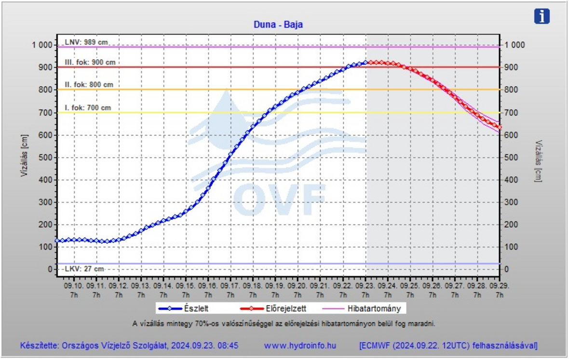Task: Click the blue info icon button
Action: (x=542, y=16)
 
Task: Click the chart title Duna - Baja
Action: (x=278, y=25)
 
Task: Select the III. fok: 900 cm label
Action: (x=90, y=63)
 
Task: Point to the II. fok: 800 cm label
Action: (x=89, y=85)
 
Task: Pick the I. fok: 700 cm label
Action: (x=88, y=107)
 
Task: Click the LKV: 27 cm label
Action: (x=84, y=269)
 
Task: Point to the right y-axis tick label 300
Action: (x=512, y=202)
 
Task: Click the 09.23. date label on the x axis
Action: (x=366, y=286)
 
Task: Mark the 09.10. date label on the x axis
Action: (x=73, y=286)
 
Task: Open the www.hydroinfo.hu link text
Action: (x=300, y=346)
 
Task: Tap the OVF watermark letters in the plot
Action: (x=280, y=199)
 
